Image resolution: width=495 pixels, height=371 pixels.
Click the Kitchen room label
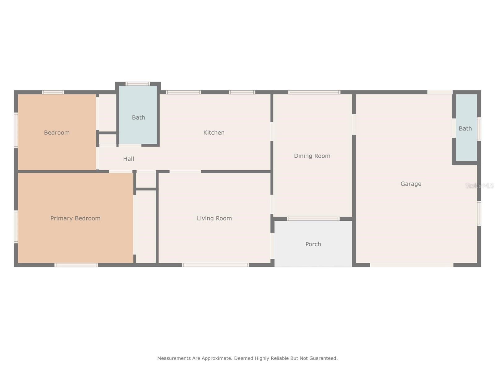[214, 133]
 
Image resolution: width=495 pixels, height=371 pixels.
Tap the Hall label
[128, 159]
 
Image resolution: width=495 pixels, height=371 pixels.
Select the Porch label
[313, 244]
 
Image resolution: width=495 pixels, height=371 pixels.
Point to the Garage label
[411, 184]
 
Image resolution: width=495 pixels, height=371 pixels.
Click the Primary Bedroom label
[75, 218]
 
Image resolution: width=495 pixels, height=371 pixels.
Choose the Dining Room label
[312, 156]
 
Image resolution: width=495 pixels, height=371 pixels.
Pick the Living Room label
[214, 218]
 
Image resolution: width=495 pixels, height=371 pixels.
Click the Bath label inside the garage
[465, 129]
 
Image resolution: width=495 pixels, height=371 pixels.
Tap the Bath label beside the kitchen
[138, 117]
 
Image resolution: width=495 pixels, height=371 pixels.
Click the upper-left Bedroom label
[57, 133]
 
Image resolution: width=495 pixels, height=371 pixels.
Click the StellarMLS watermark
[479, 185]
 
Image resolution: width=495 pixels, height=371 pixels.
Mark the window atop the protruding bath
[138, 83]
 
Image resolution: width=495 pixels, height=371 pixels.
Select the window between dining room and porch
[313, 219]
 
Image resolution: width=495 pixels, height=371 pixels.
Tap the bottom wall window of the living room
[215, 265]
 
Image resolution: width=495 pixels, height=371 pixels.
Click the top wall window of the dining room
[314, 92]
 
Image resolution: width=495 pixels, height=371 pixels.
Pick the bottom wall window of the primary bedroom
[76, 265]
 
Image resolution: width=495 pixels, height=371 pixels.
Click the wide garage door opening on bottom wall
[411, 265]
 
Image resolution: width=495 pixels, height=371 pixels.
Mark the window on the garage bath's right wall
[479, 129]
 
